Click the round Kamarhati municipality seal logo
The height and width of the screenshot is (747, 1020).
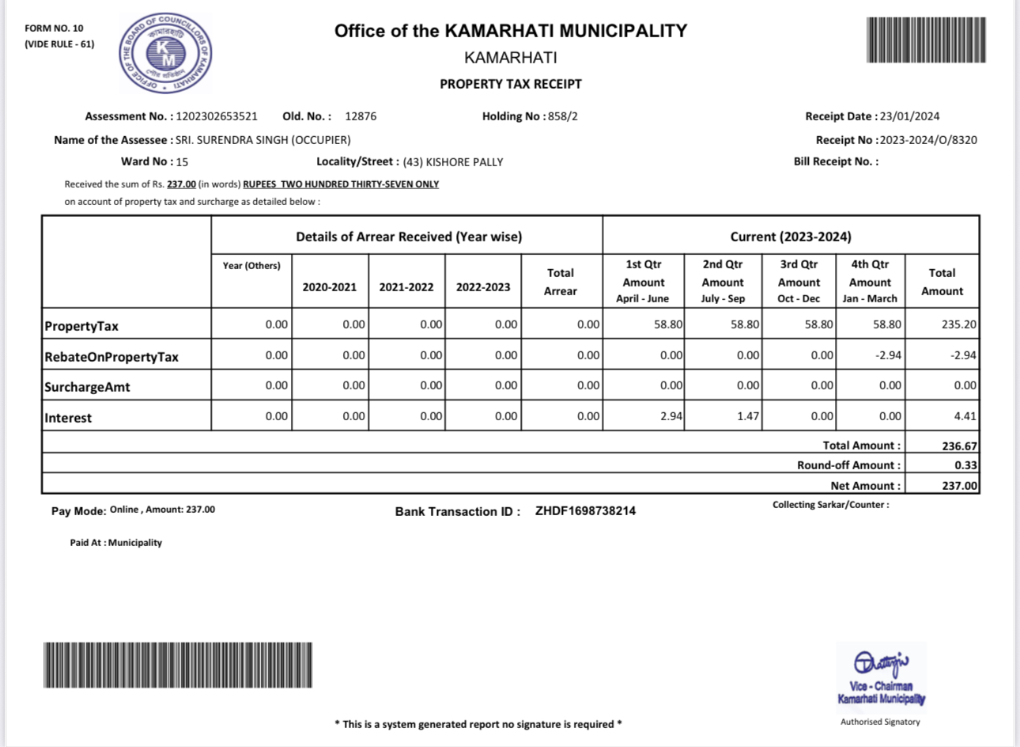coord(165,54)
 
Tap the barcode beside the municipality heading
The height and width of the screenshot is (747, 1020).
coord(926,40)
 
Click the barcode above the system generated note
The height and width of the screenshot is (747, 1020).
coord(178,665)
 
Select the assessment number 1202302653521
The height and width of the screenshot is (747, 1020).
coord(217,116)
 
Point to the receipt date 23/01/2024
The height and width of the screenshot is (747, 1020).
coord(909,116)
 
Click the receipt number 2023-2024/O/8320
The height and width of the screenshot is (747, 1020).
coord(928,140)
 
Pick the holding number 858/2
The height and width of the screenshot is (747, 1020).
coord(563,116)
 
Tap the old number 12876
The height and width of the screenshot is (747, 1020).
coord(361,116)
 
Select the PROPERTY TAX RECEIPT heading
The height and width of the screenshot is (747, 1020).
coord(511,84)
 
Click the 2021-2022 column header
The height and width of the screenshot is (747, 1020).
coord(406,287)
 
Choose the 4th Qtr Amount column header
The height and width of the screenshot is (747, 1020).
coord(870,281)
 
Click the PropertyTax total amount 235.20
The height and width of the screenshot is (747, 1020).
coord(959,324)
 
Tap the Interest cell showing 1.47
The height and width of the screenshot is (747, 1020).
coord(748,416)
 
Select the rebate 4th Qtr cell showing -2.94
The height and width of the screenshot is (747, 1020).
coord(888,355)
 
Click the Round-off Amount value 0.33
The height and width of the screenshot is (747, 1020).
coord(965,465)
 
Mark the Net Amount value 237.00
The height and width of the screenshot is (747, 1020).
coord(959,486)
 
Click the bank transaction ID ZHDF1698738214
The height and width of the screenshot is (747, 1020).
coord(585,511)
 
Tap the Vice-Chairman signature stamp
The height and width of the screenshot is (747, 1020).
coord(881,678)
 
